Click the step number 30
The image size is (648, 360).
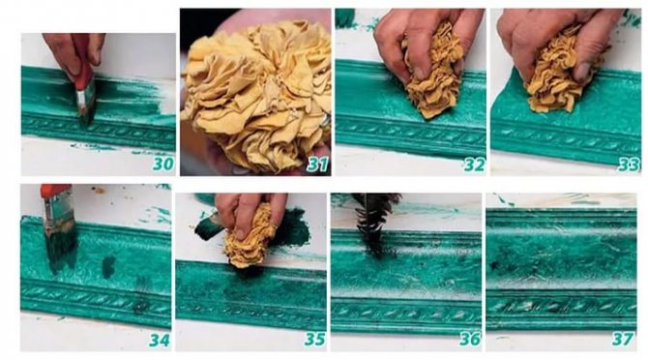click(163, 165)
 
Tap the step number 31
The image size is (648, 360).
click(317, 165)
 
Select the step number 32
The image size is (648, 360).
click(474, 165)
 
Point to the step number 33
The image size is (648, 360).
click(629, 165)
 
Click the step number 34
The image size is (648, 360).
click(160, 340)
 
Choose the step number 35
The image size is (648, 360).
click(315, 340)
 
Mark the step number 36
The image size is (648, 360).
click(470, 340)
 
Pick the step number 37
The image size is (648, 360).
click(623, 340)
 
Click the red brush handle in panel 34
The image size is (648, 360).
click(56, 191)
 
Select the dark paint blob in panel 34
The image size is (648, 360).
click(108, 266)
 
